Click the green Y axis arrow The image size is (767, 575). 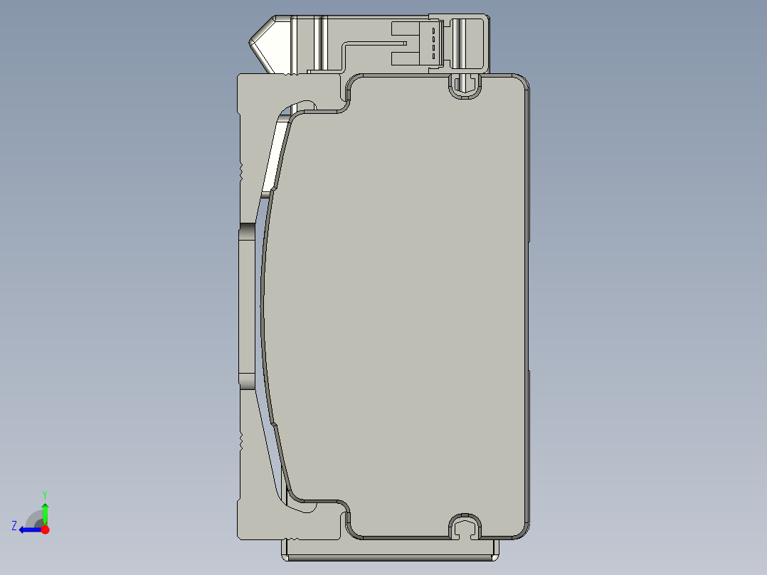coord(45,512)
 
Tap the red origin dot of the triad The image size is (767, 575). coord(45,529)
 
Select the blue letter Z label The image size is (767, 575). coord(14,525)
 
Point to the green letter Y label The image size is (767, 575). coord(45,494)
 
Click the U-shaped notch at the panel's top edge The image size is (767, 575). coord(464,88)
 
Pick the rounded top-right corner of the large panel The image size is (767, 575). coord(519,84)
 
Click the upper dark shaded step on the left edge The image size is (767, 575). coord(246,232)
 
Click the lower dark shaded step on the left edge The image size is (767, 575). coord(246,381)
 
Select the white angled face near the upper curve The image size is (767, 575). coord(276,157)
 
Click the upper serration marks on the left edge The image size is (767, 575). coord(241,171)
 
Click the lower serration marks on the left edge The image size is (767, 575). coord(241,441)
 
